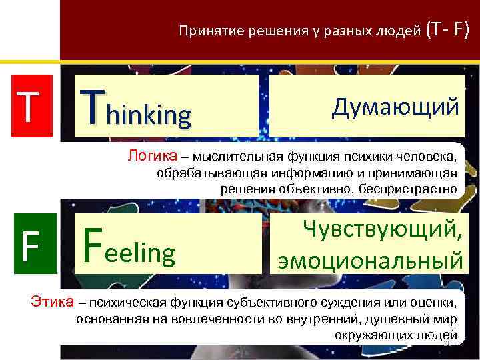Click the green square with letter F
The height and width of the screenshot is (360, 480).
[x=27, y=245]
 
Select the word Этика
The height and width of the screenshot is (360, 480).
[x=53, y=302]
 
